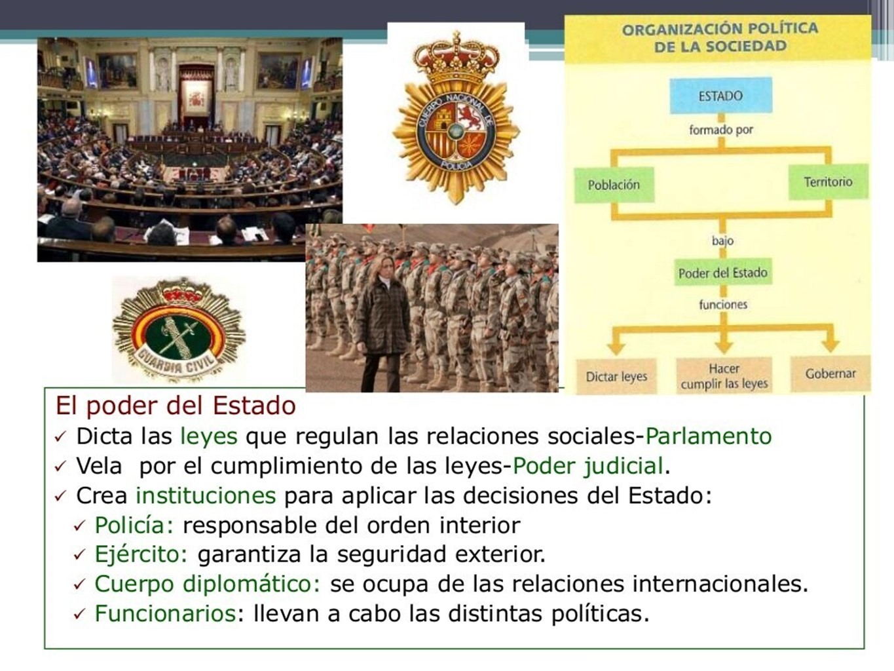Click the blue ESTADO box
click(x=720, y=96)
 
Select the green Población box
click(x=614, y=185)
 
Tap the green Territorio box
click(x=828, y=182)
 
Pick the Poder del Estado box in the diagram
click(x=722, y=272)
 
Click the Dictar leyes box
click(x=616, y=376)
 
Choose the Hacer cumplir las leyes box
click(x=724, y=375)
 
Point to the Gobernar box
click(x=830, y=374)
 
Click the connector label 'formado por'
click(x=721, y=130)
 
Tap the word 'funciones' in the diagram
click(x=723, y=304)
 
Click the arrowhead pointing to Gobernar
click(x=830, y=345)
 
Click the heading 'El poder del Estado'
click(x=176, y=406)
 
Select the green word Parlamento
click(x=708, y=436)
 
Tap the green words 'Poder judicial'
click(x=587, y=467)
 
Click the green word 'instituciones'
click(x=206, y=495)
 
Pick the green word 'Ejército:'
click(x=141, y=554)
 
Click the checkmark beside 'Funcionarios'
click(x=79, y=615)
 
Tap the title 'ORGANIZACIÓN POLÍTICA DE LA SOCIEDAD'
click(x=720, y=37)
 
